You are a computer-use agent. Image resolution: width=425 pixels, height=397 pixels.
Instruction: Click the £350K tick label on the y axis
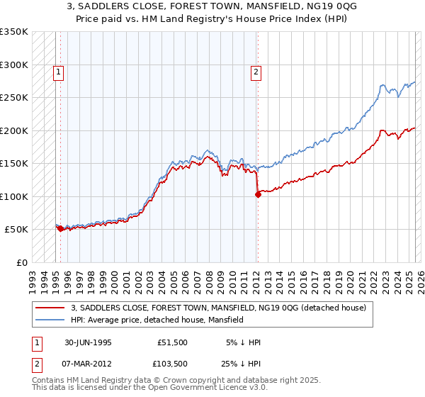point(14,32)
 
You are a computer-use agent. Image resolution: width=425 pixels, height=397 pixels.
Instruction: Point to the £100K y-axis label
point(14,196)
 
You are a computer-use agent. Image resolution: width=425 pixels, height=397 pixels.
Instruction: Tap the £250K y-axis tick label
point(14,98)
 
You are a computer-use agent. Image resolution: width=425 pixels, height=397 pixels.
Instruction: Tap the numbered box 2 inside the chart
point(254,71)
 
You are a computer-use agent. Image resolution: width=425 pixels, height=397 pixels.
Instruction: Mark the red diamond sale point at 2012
point(258,195)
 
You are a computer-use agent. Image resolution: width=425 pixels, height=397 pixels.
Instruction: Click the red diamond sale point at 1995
point(60,229)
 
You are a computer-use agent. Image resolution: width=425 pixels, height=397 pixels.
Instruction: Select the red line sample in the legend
point(51,308)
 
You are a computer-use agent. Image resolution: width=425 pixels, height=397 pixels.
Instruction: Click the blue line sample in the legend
point(51,320)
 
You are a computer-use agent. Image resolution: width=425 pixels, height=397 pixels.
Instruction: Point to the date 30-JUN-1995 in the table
point(88,343)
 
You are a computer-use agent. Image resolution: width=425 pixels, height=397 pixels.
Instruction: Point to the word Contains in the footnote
point(48,381)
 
